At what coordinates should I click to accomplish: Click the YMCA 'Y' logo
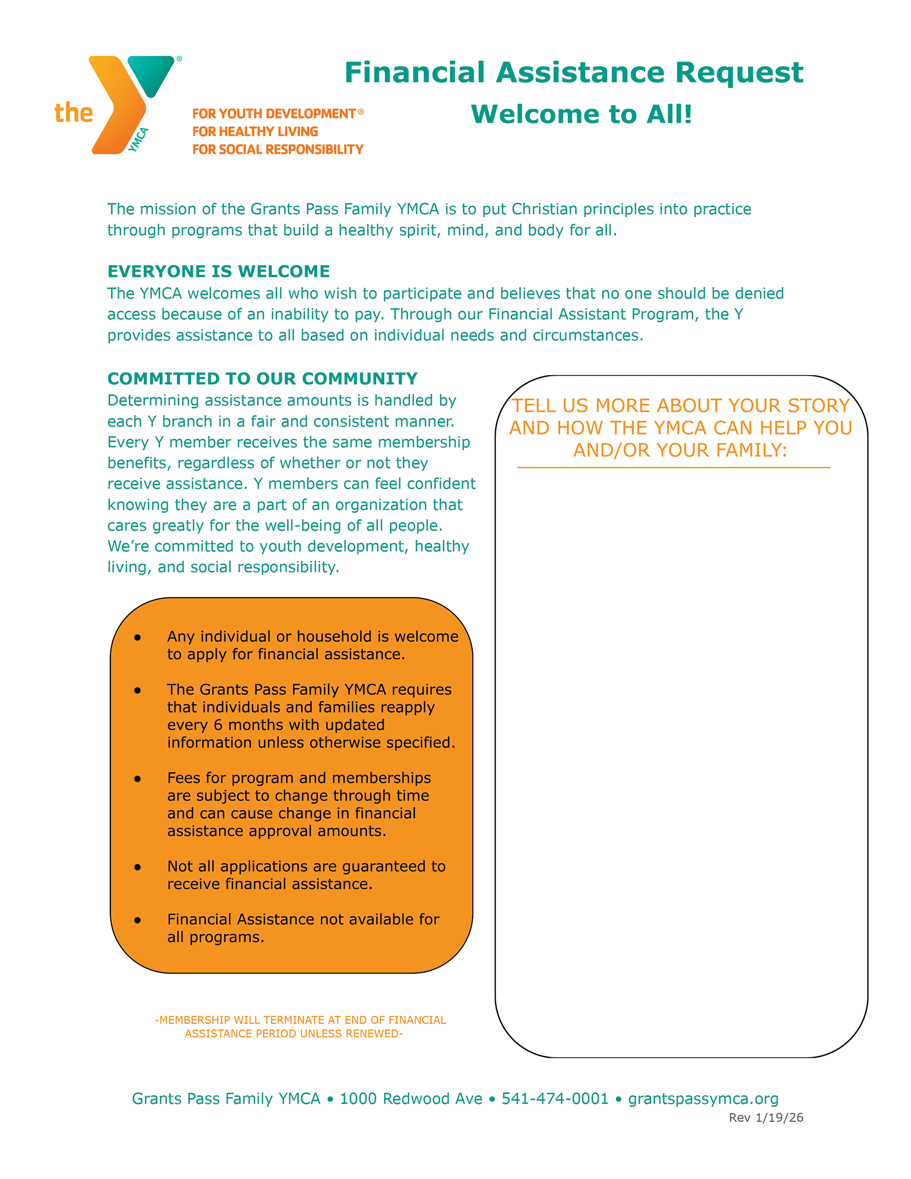pos(130,102)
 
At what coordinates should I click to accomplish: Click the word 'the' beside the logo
pos(73,113)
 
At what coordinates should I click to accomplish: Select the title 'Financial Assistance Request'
pos(573,72)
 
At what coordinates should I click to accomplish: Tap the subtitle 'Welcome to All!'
pos(581,114)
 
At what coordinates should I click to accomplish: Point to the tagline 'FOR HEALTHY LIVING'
pos(255,132)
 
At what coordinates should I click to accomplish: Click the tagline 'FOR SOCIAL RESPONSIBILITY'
pos(278,150)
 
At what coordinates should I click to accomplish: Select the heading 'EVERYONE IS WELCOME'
pos(219,271)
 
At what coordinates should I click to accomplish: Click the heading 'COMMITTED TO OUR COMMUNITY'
pos(262,379)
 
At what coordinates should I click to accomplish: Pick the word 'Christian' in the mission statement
pos(546,209)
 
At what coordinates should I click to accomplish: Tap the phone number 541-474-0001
pos(555,1099)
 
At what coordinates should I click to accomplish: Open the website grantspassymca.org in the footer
pos(703,1099)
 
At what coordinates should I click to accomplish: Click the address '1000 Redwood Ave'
pos(411,1099)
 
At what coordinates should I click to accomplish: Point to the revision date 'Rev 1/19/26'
pos(765,1117)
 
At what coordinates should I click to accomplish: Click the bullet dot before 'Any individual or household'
pos(138,638)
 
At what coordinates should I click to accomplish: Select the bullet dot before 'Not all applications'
pos(138,867)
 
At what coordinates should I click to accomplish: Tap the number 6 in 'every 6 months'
pos(218,725)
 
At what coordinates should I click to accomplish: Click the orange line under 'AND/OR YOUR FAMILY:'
pos(673,468)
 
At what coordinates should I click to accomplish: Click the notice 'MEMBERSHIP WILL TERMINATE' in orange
pos(300,1020)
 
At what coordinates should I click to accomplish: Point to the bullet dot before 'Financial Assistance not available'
pos(138,920)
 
